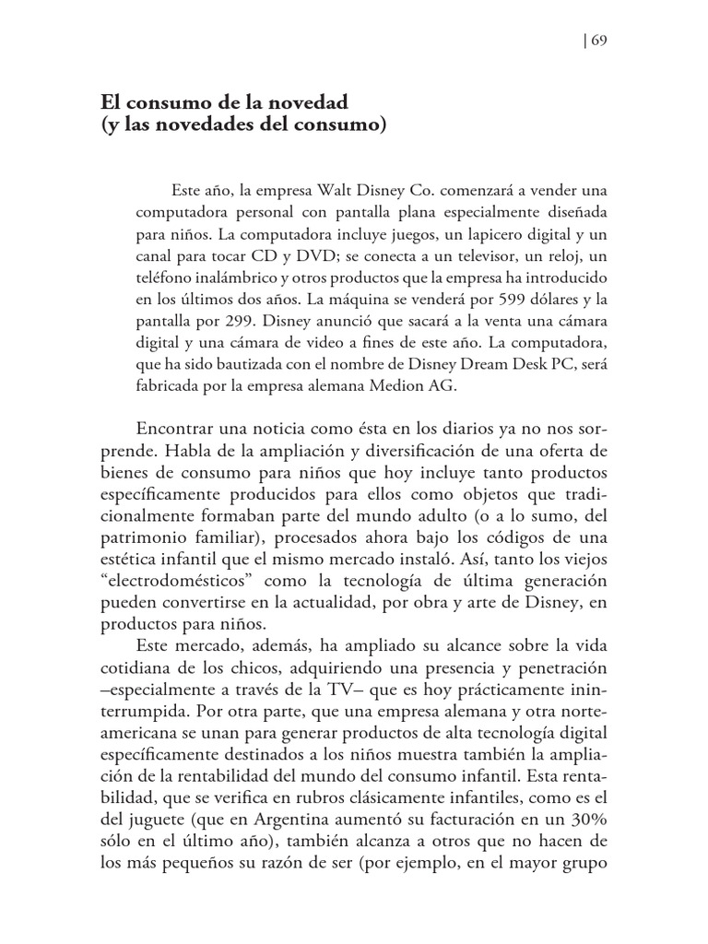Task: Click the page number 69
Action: pyautogui.click(x=596, y=41)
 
